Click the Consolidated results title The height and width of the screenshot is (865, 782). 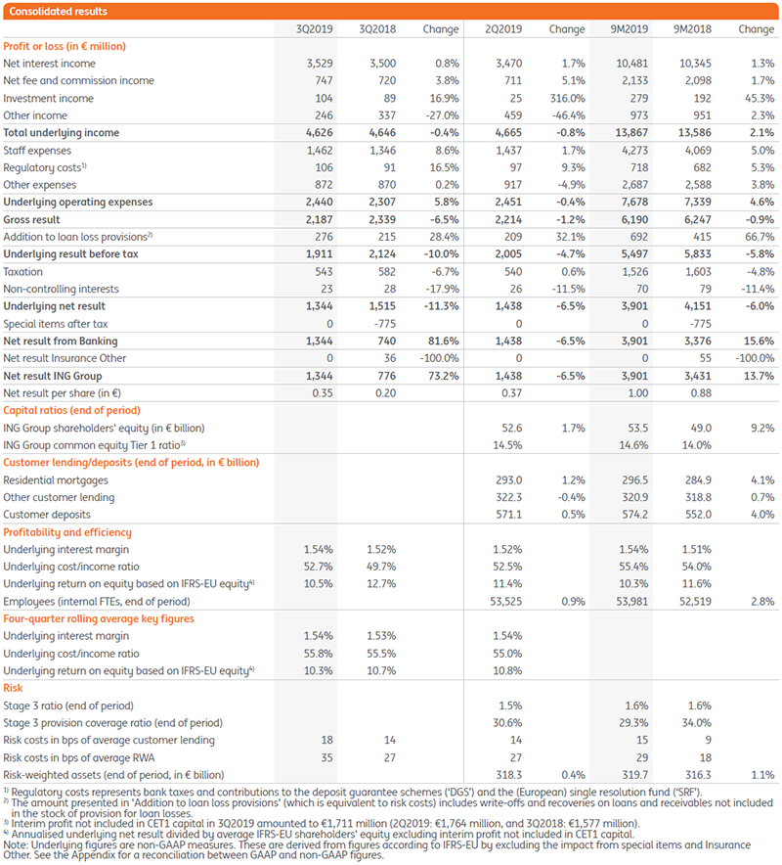point(58,12)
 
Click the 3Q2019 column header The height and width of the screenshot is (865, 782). point(315,29)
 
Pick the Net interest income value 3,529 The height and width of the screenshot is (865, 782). point(318,64)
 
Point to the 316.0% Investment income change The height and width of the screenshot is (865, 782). point(568,98)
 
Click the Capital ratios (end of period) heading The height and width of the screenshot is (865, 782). point(72,410)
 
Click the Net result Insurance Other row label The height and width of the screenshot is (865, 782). point(65,358)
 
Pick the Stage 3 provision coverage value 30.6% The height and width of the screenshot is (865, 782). point(508,723)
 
